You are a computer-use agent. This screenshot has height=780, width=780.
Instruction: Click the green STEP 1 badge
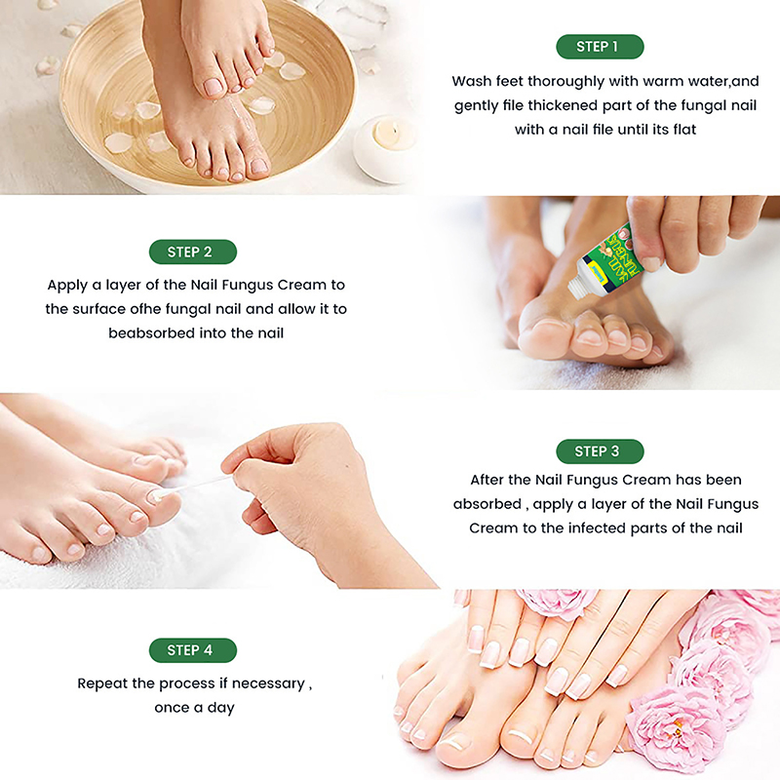600,47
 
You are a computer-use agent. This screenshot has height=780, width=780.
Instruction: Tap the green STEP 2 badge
192,252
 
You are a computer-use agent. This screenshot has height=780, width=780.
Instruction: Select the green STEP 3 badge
600,451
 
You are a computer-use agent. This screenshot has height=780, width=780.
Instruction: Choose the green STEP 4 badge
192,650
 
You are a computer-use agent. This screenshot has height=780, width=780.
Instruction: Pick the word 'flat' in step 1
684,130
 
